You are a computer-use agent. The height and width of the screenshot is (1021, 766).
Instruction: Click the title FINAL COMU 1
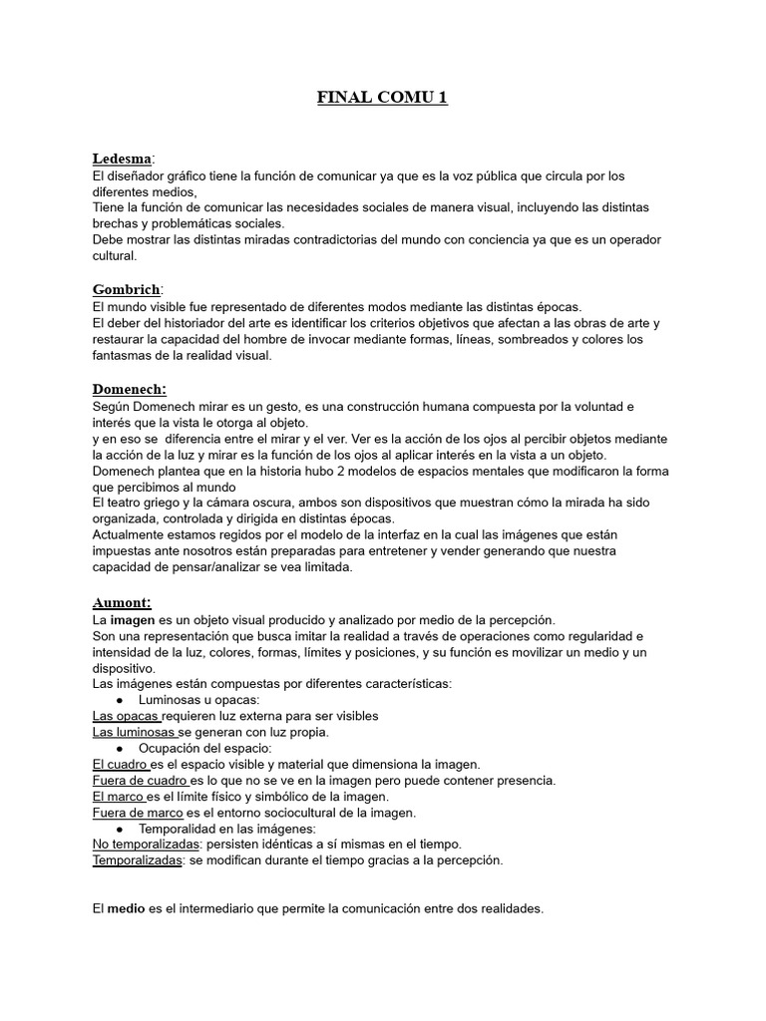click(x=382, y=98)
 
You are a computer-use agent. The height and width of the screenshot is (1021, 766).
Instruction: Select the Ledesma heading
click(x=122, y=159)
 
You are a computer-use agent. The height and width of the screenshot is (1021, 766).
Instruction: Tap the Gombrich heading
click(x=126, y=289)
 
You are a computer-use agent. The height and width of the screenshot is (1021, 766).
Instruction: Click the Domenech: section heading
click(x=130, y=389)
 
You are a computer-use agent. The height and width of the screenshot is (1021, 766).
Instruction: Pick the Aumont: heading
click(x=122, y=602)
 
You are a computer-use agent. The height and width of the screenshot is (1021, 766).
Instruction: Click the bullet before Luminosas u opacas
click(x=120, y=700)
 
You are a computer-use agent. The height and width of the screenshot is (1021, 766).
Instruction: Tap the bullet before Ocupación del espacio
click(x=120, y=748)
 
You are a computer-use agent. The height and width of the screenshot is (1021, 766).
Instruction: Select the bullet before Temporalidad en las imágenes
click(x=120, y=829)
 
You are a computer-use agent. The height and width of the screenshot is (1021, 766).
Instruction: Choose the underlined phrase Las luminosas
click(x=134, y=732)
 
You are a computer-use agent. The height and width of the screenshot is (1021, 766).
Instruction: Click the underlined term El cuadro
click(x=120, y=764)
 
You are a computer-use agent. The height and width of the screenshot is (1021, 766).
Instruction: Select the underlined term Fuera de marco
click(x=138, y=813)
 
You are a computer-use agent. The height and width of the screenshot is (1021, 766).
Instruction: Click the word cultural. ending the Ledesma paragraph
click(x=116, y=256)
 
